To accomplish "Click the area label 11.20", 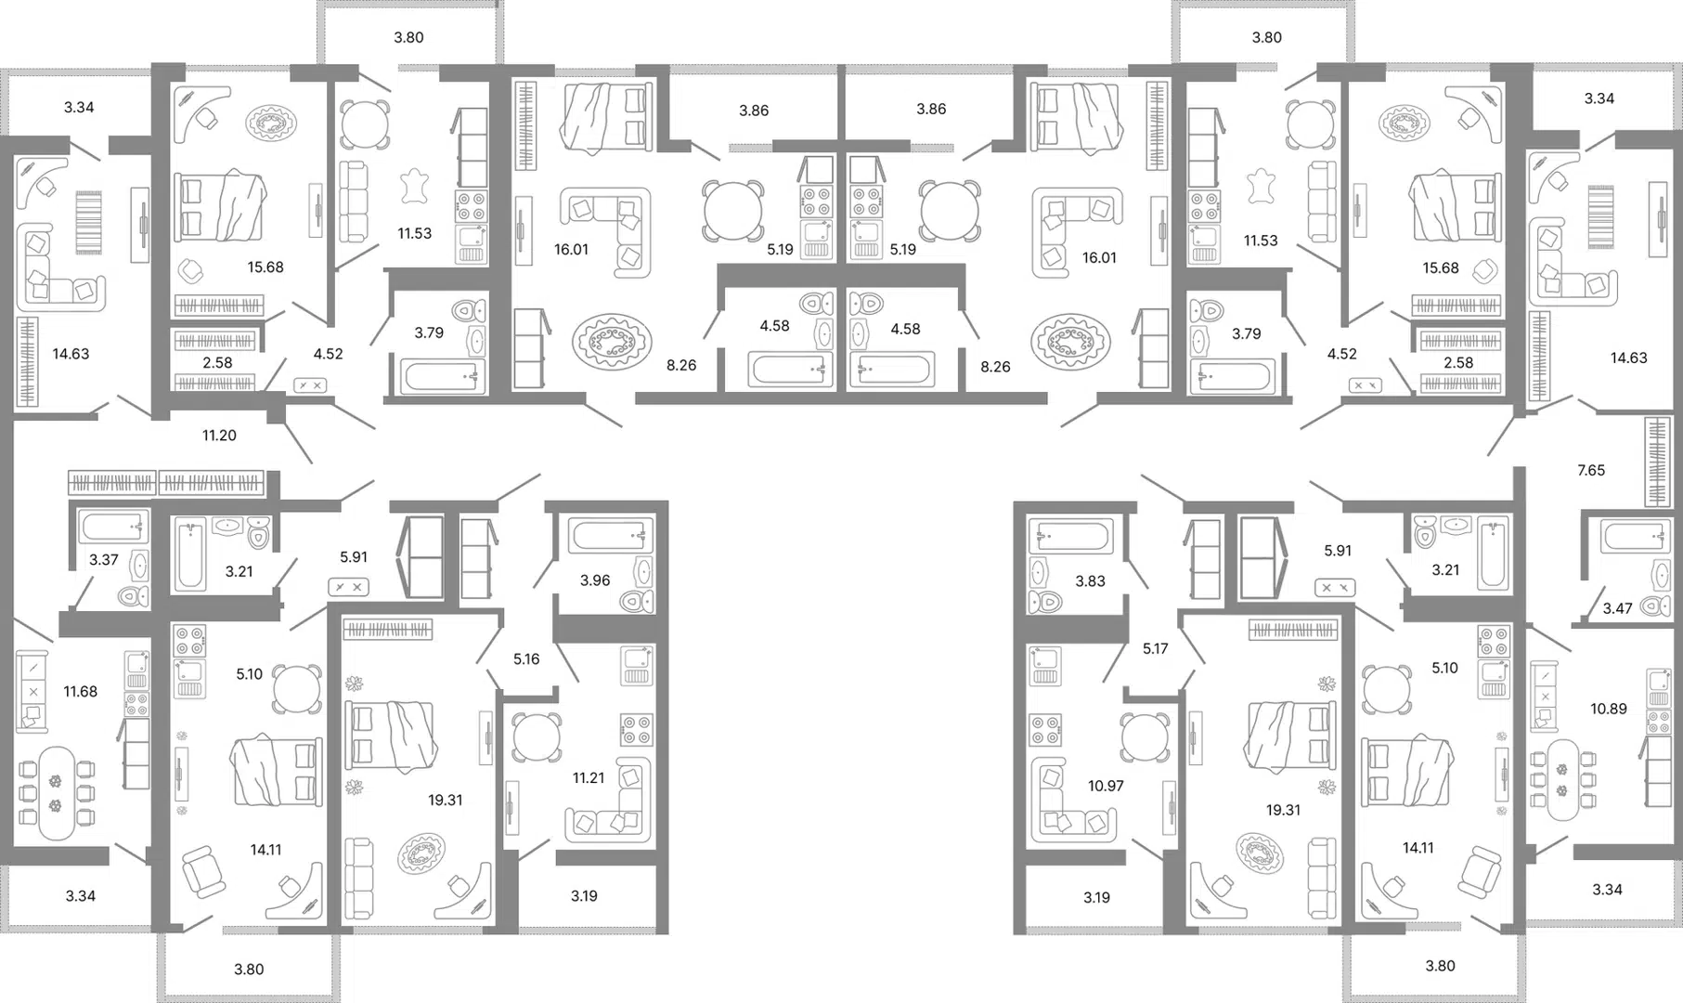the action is [219, 435].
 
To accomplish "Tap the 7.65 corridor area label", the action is [1591, 470].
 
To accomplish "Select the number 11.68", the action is [81, 691].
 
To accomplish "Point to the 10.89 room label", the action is [1609, 709].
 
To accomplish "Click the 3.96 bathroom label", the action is [595, 580].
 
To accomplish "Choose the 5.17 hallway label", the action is [1156, 648].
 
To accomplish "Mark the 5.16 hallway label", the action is [526, 658].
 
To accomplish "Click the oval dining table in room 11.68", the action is [57, 792].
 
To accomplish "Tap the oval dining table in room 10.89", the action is [1562, 779].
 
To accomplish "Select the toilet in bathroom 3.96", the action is [638, 601].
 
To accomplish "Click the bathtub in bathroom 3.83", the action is [1069, 537].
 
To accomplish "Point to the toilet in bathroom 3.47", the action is [1655, 606].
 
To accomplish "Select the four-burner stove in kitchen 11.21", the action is [637, 729].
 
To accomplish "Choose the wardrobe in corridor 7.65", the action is [1657, 462].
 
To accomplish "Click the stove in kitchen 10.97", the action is [1045, 729].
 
